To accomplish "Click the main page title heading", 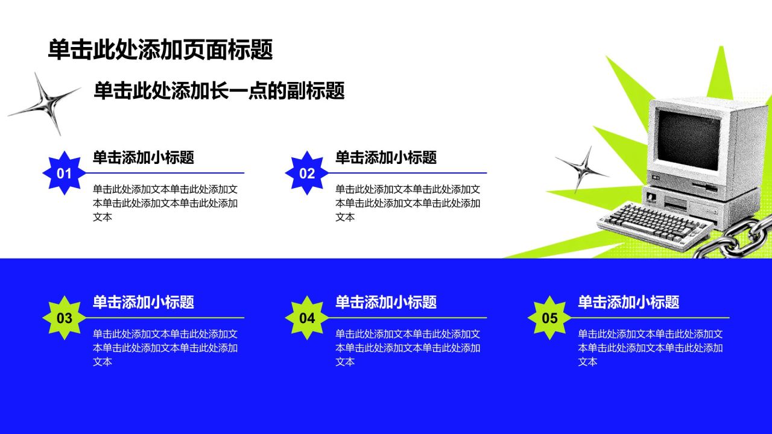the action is [160, 49].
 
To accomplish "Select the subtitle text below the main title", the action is [219, 90].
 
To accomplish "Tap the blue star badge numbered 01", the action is [65, 173].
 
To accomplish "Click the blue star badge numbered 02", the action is [307, 173].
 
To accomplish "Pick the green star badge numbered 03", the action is [65, 318].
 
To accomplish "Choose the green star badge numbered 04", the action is [307, 318].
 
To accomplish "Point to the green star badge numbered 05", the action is [549, 318].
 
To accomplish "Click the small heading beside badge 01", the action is [144, 157].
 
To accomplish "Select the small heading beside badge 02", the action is [386, 157].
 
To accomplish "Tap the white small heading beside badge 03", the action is [144, 302].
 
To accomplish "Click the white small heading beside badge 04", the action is [386, 302].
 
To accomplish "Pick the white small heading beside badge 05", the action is [628, 302].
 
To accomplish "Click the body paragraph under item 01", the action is [165, 203].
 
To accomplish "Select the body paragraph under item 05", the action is [650, 348].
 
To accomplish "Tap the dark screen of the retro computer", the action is [688, 140].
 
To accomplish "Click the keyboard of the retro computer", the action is [655, 225].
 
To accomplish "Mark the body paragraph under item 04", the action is [408, 348].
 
